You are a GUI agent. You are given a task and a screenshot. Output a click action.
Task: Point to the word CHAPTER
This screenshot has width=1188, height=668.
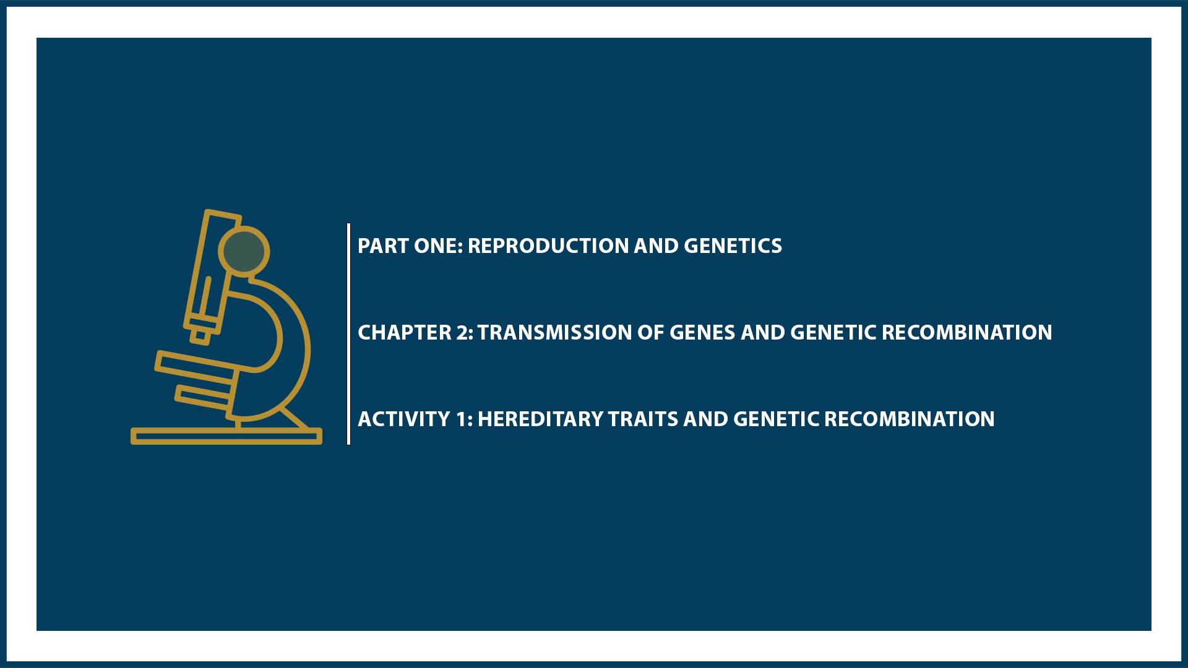click(405, 333)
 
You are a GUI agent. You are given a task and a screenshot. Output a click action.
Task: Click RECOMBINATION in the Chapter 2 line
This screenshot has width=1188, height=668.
click(966, 333)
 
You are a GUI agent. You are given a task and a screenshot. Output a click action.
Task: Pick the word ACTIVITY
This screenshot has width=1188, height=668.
click(404, 419)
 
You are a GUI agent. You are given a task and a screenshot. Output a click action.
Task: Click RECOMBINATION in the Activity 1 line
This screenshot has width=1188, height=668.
click(909, 419)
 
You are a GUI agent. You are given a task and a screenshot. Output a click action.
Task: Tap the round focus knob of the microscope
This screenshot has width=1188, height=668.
click(244, 252)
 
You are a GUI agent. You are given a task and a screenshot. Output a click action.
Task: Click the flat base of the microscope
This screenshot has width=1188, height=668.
click(226, 437)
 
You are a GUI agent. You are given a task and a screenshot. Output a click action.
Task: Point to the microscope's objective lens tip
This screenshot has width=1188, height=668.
click(200, 336)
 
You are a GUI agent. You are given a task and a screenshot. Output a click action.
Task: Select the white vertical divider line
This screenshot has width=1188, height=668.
click(349, 334)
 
